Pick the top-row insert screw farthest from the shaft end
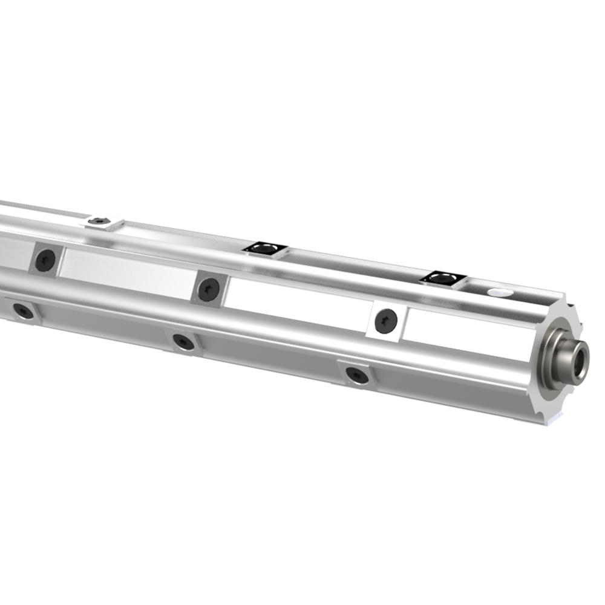[100, 222]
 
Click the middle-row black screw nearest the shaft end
[385, 321]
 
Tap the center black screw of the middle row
[209, 290]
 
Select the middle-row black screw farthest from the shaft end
[45, 260]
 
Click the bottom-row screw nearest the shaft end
[357, 374]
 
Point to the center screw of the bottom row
[183, 342]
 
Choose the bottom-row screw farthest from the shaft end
[24, 311]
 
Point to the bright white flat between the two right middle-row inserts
[296, 302]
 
